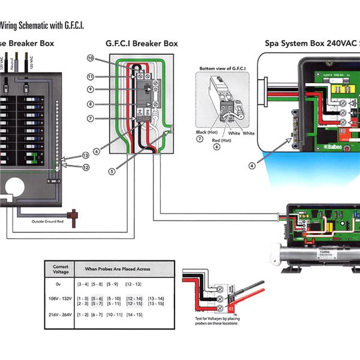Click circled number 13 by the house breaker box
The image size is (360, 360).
click(86, 155)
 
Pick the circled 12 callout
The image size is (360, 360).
click(86, 167)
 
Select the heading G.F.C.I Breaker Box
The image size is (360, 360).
click(142, 43)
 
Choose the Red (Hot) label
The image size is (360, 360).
click(222, 139)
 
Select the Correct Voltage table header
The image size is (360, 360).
click(61, 269)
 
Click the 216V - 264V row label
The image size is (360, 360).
click(61, 314)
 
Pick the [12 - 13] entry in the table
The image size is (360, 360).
click(134, 283)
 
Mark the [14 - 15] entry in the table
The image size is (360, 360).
click(134, 314)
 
